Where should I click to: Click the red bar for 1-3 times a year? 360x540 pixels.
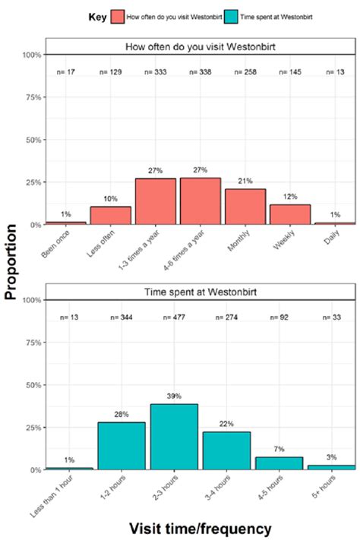pos(156,202)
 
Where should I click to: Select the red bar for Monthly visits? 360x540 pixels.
pos(245,207)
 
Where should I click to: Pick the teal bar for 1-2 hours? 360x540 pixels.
pos(122,446)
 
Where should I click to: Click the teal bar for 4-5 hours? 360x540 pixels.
pos(278,463)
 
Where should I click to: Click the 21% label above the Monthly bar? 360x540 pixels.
pos(245,182)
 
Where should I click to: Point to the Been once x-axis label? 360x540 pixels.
pos(57,243)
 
